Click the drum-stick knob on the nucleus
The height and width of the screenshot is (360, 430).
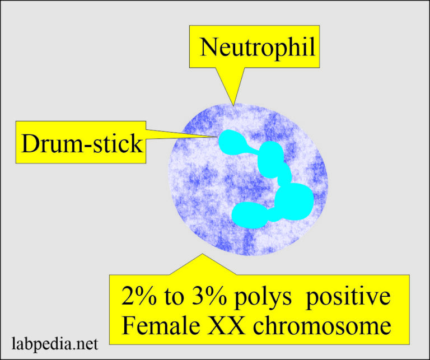[x=228, y=139]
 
